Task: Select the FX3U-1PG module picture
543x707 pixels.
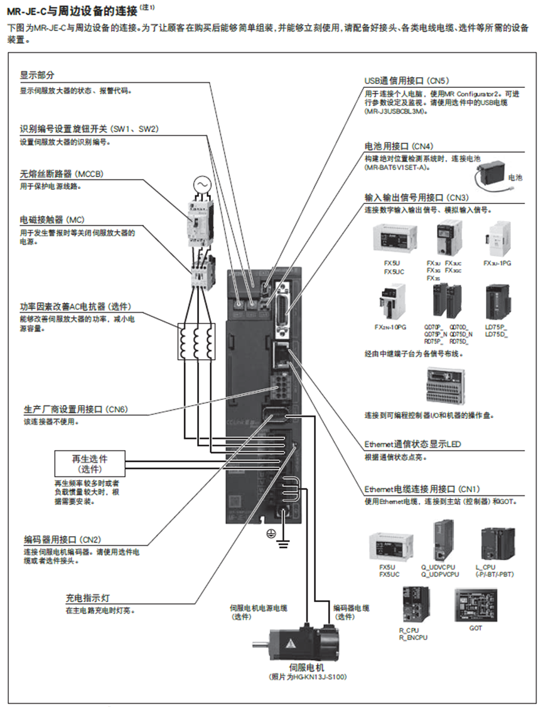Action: (497, 239)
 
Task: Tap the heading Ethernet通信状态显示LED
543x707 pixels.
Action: (412, 444)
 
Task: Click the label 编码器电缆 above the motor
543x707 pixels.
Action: (351, 608)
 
